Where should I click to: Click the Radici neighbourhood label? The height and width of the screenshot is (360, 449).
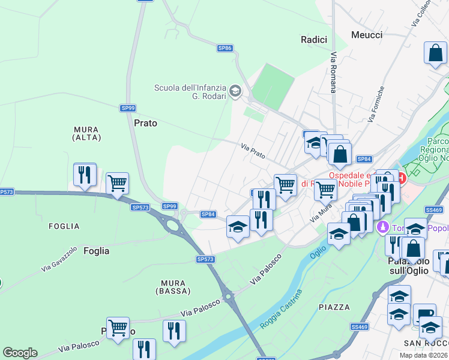click(x=314, y=40)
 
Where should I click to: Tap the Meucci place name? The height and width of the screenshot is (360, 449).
click(x=367, y=35)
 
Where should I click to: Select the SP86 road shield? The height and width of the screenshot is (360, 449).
click(x=224, y=48)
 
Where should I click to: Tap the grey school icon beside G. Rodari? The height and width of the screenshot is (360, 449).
click(x=235, y=92)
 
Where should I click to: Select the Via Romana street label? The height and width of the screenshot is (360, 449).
click(x=333, y=71)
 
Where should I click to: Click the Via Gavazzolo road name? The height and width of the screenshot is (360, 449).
click(x=59, y=260)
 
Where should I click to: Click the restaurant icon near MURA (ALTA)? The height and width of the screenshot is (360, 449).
click(x=85, y=175)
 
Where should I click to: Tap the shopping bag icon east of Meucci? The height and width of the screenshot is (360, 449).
click(x=435, y=53)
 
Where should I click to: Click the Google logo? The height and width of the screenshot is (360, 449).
click(x=20, y=353)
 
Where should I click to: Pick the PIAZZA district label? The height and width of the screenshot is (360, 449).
click(x=334, y=307)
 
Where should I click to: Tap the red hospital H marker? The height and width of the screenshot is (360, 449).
click(x=400, y=178)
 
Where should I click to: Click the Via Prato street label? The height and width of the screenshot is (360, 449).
click(x=253, y=151)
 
